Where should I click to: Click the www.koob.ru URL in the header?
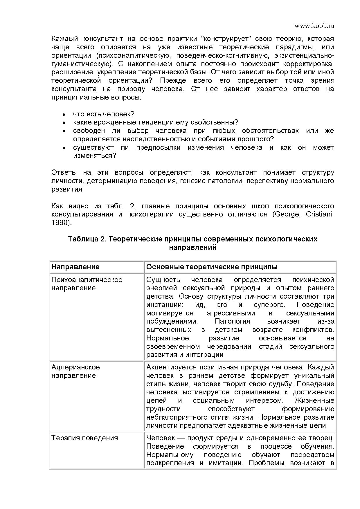point(314,26)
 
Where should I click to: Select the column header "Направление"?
point(75,267)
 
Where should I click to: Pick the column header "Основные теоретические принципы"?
point(212,267)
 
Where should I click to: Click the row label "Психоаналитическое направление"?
point(87,284)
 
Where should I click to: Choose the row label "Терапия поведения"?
point(84,438)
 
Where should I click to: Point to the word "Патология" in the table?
point(232,322)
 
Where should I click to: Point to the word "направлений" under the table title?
point(193,248)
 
